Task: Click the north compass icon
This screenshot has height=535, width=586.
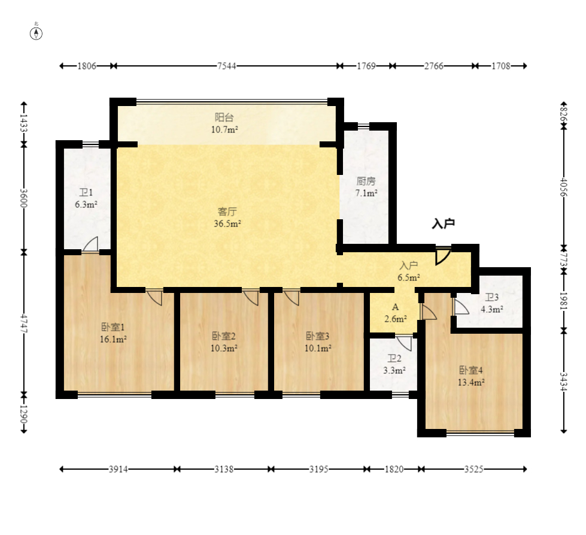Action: click(37, 34)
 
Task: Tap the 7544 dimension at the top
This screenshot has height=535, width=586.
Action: click(226, 67)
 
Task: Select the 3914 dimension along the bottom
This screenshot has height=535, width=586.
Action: click(118, 469)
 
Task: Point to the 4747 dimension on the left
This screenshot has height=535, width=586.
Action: click(24, 324)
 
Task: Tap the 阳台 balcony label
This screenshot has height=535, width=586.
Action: click(224, 117)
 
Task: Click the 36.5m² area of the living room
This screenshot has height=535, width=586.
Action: click(227, 223)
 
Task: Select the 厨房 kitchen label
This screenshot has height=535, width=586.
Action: click(366, 181)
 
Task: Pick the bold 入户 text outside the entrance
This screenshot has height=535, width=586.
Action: click(443, 223)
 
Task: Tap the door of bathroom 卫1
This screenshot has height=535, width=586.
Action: click(90, 244)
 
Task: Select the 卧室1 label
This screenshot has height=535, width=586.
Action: click(113, 327)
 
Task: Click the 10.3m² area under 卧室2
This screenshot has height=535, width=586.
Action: click(224, 348)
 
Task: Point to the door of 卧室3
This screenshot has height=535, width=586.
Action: click(292, 298)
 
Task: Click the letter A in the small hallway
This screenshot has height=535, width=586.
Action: click(396, 307)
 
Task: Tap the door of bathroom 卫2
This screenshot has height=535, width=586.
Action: click(405, 343)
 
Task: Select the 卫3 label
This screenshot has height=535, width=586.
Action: click(492, 297)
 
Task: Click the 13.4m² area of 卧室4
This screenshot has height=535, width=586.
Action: click(471, 382)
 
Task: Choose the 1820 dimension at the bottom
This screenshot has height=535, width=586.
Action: click(394, 469)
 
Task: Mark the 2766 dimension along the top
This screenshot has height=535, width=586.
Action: click(433, 67)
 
